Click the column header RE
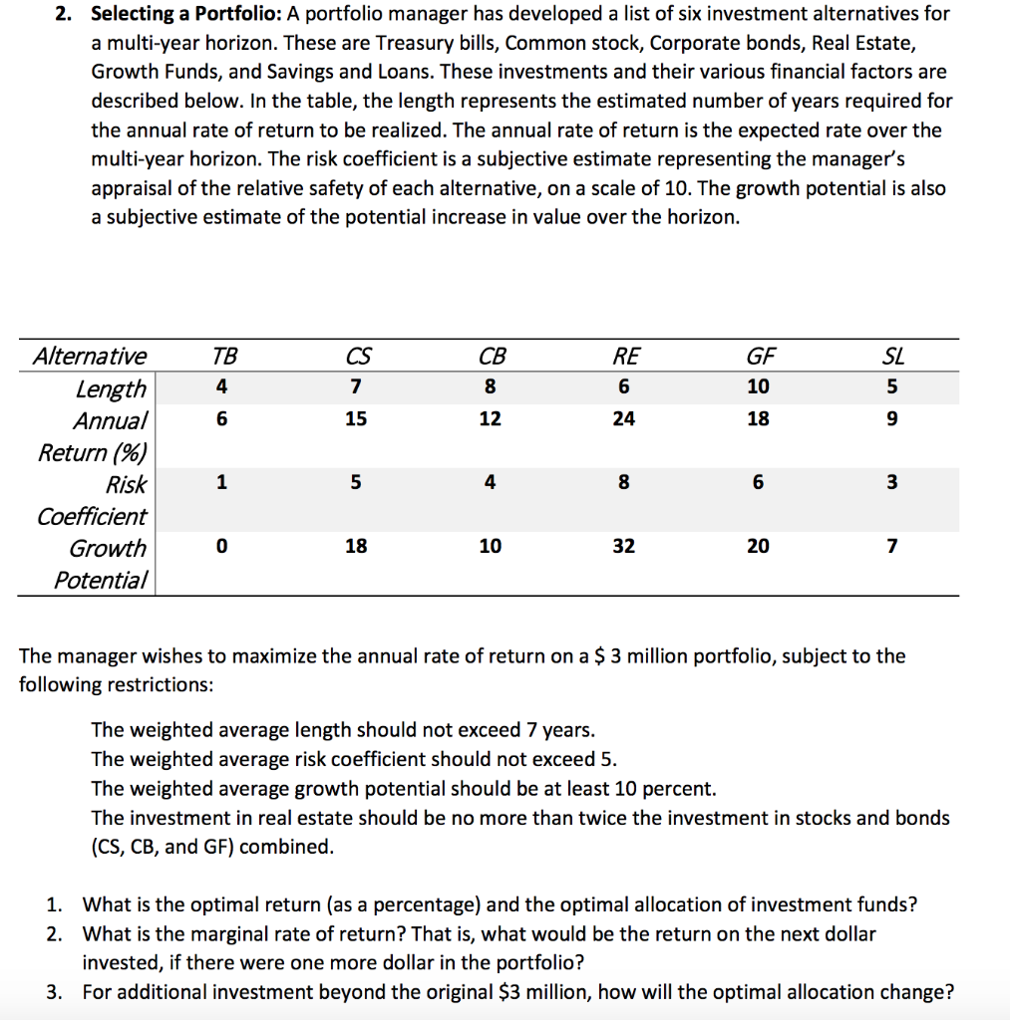click(625, 357)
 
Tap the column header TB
click(224, 357)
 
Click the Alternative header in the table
click(89, 357)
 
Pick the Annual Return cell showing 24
click(623, 419)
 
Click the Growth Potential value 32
click(623, 547)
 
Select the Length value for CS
click(355, 387)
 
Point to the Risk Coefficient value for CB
click(490, 483)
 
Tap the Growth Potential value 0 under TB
click(222, 547)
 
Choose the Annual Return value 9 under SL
click(892, 419)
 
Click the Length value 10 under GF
click(758, 387)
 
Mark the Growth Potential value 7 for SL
click(892, 547)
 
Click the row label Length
click(111, 388)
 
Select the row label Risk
click(126, 485)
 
